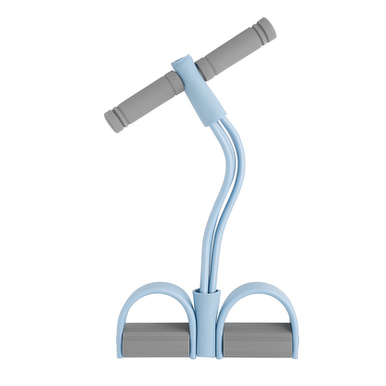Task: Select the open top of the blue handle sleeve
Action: click(x=183, y=62)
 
